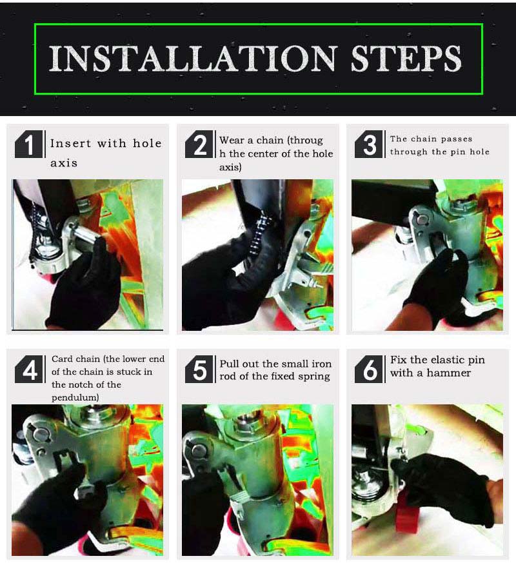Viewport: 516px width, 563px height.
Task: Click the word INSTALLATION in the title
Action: pos(193,59)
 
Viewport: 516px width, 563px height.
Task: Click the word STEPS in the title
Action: pos(406,59)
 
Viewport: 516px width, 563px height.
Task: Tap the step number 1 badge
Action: pos(29,144)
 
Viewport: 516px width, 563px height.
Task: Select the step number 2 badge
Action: pos(199,144)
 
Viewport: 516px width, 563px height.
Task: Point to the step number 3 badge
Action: pos(368,144)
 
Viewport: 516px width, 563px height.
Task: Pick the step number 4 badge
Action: pos(29,369)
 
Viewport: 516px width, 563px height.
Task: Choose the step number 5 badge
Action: pos(199,369)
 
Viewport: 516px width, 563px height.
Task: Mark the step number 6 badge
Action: pos(368,369)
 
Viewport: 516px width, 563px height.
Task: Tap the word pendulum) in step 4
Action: pos(75,397)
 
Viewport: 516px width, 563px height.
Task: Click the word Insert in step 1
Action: pos(71,143)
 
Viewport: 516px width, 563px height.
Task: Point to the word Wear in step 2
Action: pos(232,140)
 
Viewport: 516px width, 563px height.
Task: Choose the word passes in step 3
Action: pos(457,139)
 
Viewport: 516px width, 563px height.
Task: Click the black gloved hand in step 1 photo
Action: pos(84,284)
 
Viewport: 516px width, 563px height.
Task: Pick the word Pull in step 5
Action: pos(230,364)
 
